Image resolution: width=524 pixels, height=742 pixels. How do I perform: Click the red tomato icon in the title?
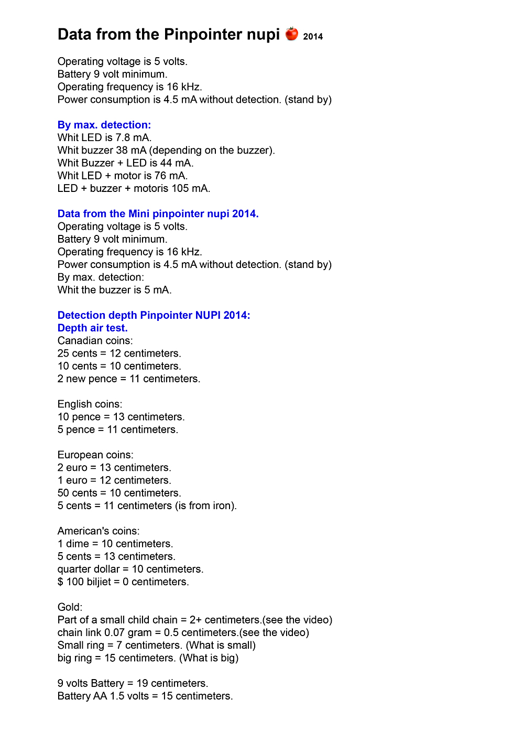292,34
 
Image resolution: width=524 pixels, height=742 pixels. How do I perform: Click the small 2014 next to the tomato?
313,37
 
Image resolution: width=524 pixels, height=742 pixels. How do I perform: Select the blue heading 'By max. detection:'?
104,125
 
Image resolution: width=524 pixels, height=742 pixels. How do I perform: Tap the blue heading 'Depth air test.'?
93,328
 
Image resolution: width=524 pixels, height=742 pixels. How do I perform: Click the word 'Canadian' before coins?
79,341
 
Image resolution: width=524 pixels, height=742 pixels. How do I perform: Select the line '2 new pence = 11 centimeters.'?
129,379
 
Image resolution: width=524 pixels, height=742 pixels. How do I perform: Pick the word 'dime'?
78,544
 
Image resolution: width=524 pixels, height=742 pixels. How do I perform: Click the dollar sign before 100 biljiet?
60,582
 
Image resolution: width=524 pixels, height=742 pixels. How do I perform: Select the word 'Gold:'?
70,607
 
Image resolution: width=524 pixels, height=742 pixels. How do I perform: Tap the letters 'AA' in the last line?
100,696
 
